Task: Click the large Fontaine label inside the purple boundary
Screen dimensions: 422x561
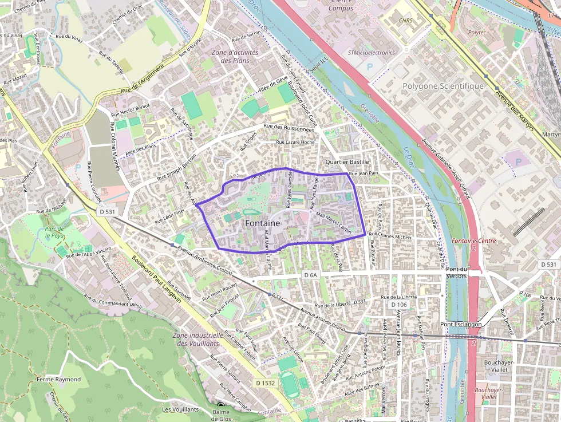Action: tap(263, 223)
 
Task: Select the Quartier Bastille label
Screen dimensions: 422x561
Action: tap(347, 162)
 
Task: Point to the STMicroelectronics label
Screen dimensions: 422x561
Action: tap(371, 53)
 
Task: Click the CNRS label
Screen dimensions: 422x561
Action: tap(405, 20)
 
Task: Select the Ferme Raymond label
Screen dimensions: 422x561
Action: tap(58, 379)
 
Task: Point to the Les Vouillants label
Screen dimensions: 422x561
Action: tap(180, 409)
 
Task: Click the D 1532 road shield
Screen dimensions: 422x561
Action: tap(266, 382)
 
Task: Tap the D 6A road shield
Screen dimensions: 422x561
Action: tap(310, 275)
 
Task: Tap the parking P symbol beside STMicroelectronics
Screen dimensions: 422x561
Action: tap(369, 66)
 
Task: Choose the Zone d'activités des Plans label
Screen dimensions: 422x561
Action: tap(235, 56)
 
